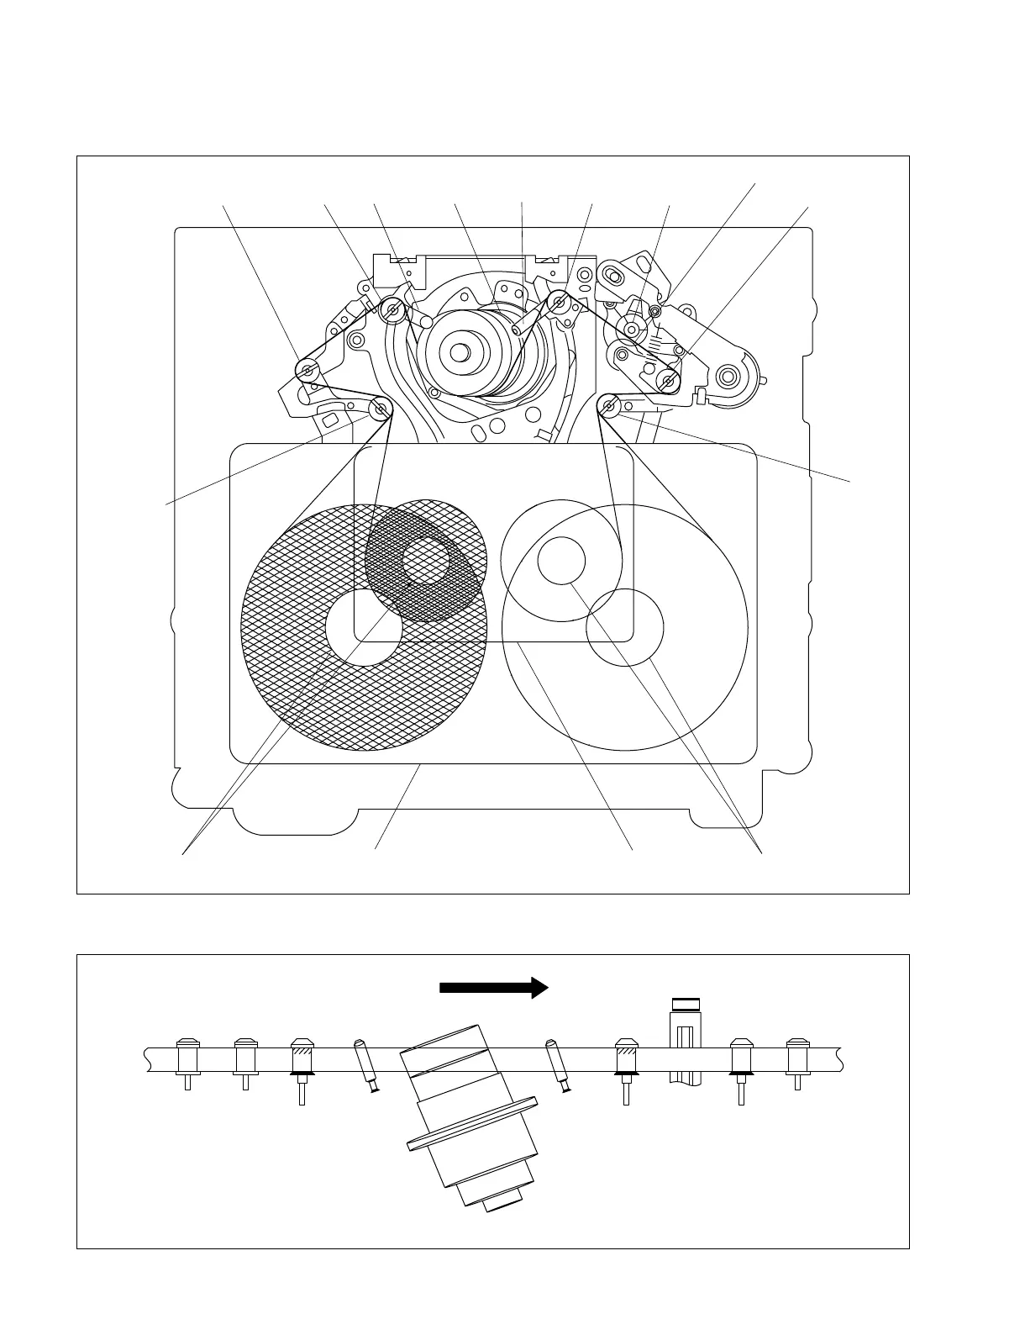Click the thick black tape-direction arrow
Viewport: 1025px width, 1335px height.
coord(493,988)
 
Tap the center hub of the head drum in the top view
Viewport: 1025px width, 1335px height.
coord(459,352)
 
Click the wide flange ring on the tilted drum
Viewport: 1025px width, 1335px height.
coord(473,1122)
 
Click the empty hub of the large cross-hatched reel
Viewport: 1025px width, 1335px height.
coord(363,627)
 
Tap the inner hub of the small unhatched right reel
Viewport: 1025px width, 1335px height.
coord(561,561)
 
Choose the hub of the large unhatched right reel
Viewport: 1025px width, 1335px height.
coord(625,627)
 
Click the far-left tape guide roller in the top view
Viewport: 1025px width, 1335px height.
coord(307,369)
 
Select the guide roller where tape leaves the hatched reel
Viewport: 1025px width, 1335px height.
coord(381,409)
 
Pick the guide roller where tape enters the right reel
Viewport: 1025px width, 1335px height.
coord(609,409)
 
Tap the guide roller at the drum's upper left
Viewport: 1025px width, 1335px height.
coord(393,312)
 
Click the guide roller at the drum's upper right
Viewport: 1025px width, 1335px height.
coord(558,302)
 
